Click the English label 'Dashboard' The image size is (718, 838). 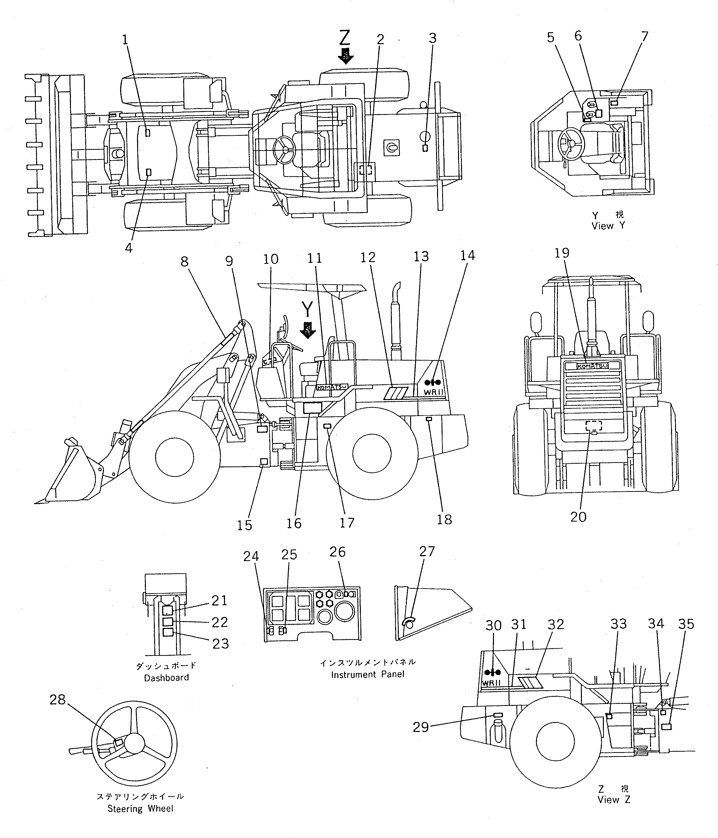[x=166, y=678]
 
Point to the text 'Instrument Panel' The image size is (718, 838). [x=368, y=674]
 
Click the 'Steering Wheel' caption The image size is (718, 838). [x=140, y=809]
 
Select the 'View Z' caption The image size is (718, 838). [x=614, y=800]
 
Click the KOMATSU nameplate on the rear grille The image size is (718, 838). [x=592, y=366]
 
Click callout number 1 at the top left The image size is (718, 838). [x=125, y=40]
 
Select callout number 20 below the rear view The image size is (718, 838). [x=578, y=517]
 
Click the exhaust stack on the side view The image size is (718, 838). [x=395, y=319]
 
